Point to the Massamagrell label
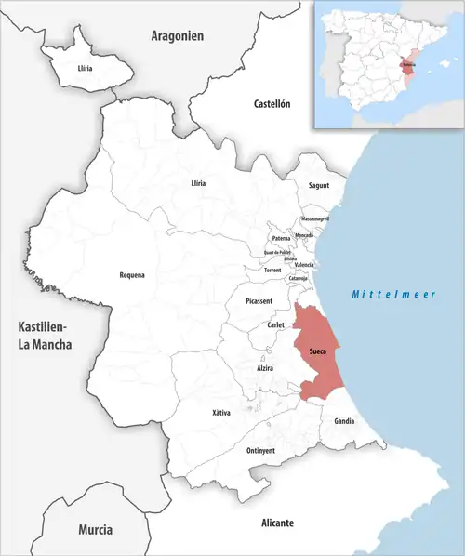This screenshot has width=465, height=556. (315, 218)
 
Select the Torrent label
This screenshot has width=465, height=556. (272, 270)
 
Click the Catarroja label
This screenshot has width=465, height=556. (299, 277)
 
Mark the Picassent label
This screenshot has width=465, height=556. (259, 301)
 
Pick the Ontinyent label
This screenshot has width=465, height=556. (260, 450)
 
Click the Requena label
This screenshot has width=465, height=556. (132, 274)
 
